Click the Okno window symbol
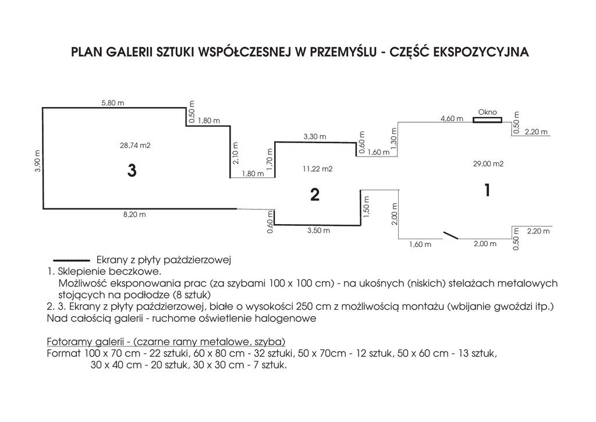(487, 120)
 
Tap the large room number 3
(132, 171)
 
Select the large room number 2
(315, 195)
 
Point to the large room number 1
(487, 190)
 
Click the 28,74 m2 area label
(135, 146)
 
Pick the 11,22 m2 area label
(317, 169)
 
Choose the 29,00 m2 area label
(488, 164)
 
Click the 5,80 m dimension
(113, 103)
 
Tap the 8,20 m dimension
(135, 215)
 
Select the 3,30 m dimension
(315, 137)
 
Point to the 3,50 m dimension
(318, 230)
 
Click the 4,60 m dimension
(452, 119)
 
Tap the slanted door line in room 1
(451, 235)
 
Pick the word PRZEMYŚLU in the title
(342, 52)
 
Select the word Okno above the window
(487, 112)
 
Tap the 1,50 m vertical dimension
(366, 210)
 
